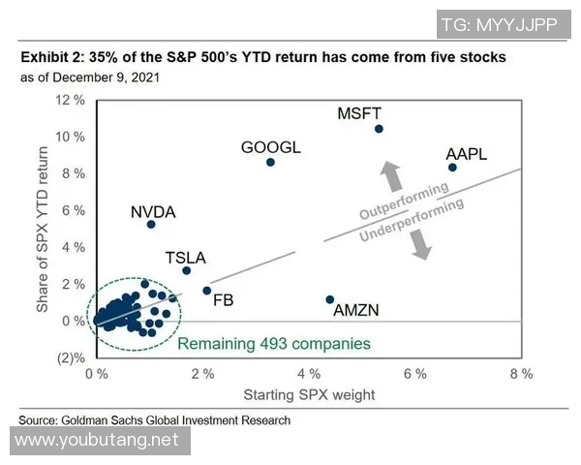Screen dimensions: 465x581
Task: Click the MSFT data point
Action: tap(379, 129)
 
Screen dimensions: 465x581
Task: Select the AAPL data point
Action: tap(452, 168)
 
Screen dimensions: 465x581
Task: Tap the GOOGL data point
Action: tap(270, 162)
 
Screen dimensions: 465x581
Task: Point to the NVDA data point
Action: tap(151, 225)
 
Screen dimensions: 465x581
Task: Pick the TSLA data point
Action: tap(187, 270)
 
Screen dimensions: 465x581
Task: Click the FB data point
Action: tap(206, 291)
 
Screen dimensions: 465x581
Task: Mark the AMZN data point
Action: tap(329, 299)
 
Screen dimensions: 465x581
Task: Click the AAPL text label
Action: tap(466, 154)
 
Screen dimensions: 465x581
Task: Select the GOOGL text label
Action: tap(271, 148)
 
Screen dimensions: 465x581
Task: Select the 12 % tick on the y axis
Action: tap(71, 101)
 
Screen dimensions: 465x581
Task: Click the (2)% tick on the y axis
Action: tap(72, 357)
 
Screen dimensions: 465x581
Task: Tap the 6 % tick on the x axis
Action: tap(415, 373)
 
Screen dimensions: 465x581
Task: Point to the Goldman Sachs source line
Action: tap(155, 419)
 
